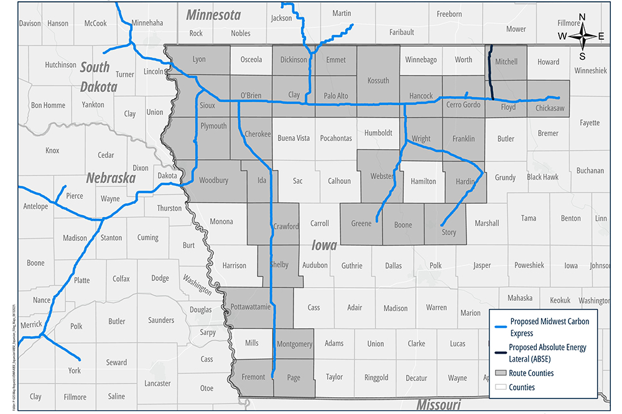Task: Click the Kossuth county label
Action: [378, 80]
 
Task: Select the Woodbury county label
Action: [213, 181]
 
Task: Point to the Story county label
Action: [448, 232]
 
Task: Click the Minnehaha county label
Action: [147, 23]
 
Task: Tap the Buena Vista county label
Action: [293, 138]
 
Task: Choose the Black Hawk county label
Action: [542, 177]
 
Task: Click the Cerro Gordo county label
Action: [463, 105]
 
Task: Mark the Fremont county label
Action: [253, 377]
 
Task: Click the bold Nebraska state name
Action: [111, 178]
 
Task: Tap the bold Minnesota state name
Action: [213, 14]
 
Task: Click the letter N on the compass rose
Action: [582, 17]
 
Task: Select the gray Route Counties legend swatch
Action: [499, 373]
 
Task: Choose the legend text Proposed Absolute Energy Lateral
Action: [547, 352]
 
